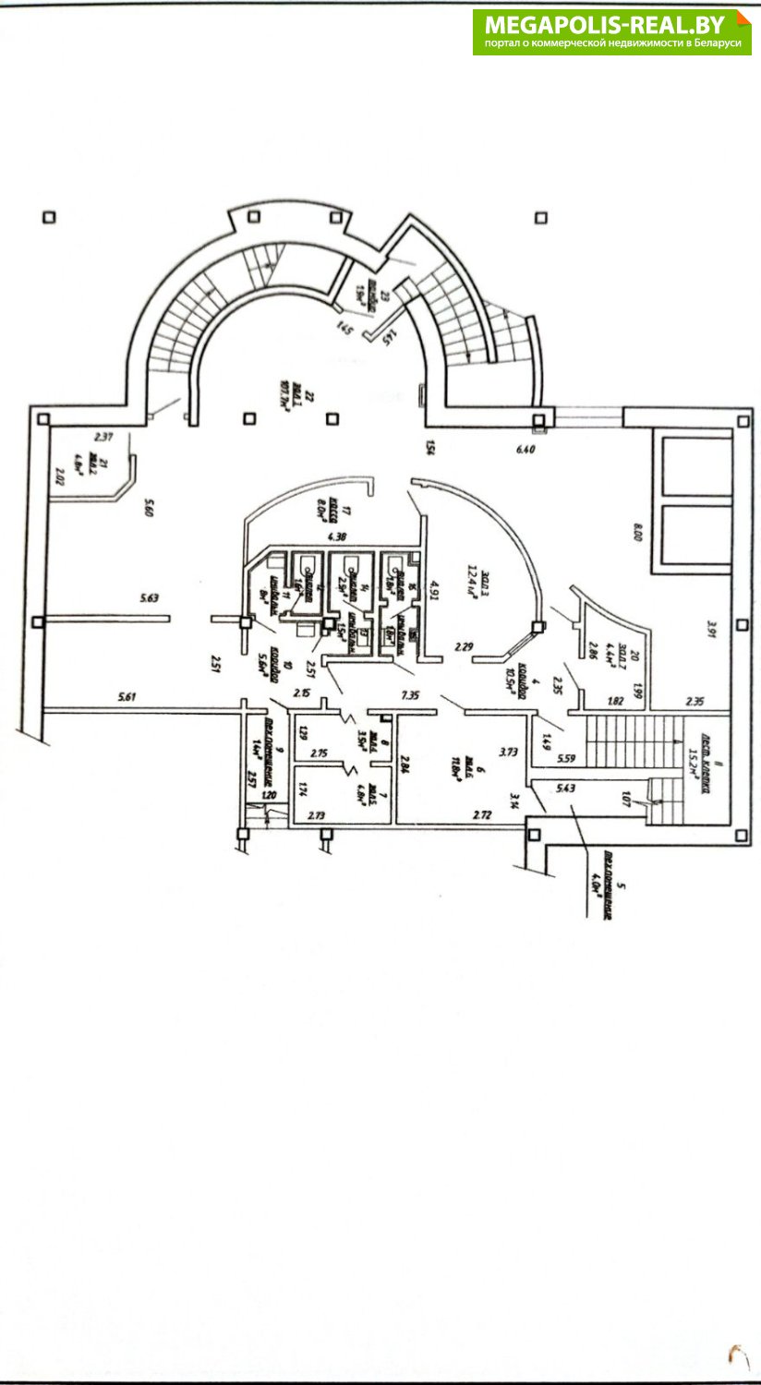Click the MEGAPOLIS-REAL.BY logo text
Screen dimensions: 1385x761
[x=610, y=24]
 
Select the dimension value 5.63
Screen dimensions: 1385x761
[x=150, y=598]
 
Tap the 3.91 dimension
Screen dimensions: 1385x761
[x=711, y=629]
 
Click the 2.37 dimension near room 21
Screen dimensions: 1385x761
[x=103, y=436]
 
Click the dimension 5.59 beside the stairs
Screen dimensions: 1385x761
[x=566, y=760]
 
